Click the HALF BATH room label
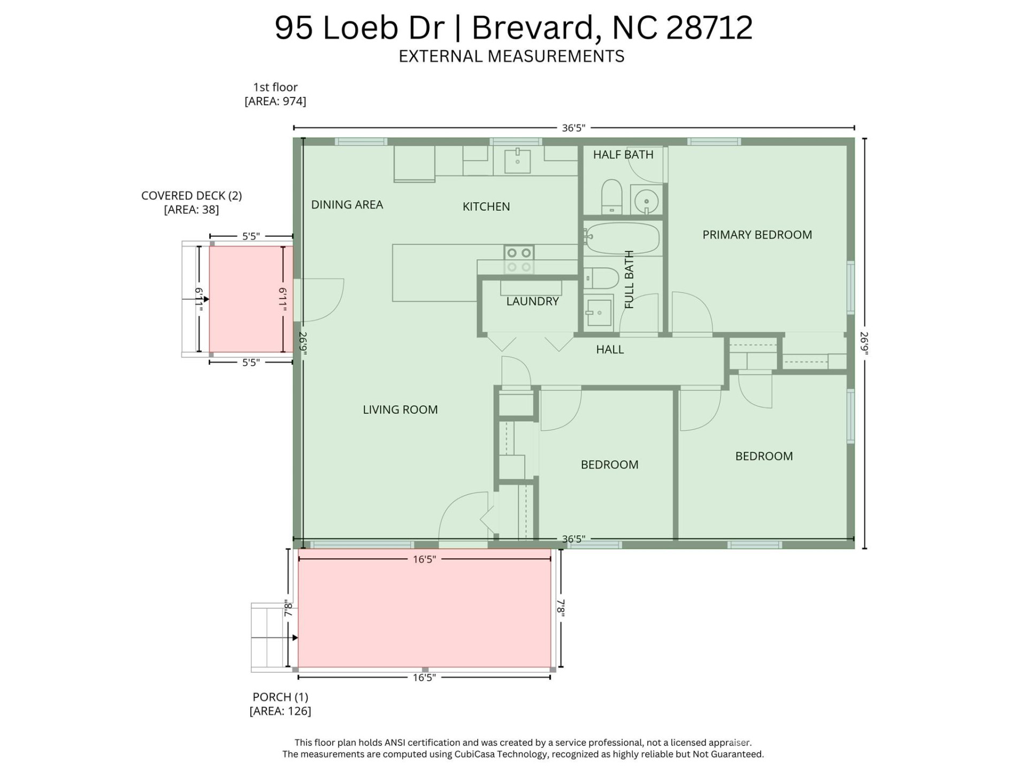click(623, 155)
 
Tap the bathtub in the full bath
click(620, 238)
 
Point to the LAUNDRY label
click(532, 302)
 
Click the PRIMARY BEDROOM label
click(756, 235)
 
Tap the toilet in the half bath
click(611, 196)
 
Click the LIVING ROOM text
click(400, 410)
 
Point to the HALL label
click(610, 350)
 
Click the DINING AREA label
click(347, 205)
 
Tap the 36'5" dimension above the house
click(573, 128)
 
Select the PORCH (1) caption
click(280, 697)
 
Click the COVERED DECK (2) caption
click(191, 196)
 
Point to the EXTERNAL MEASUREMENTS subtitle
click(511, 57)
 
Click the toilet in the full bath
click(601, 279)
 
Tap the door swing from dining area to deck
click(323, 299)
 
